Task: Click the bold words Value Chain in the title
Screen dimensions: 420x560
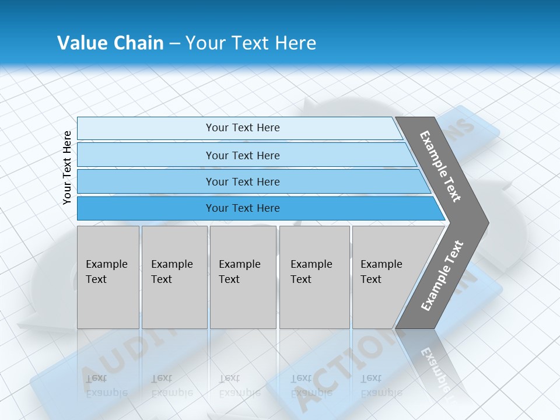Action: pos(110,43)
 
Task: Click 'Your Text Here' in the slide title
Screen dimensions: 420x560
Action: pos(251,43)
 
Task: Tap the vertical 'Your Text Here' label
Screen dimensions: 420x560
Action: pos(67,167)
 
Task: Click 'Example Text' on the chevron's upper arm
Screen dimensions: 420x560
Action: pos(440,166)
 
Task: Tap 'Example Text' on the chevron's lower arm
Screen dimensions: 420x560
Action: pos(442,276)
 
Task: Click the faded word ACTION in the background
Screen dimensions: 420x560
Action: pos(327,373)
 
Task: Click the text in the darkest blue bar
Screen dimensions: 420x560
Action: pos(243,208)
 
